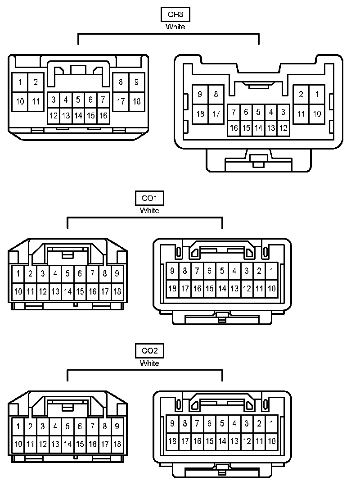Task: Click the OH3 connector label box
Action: click(175, 14)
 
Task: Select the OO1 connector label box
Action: click(149, 198)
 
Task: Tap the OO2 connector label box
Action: click(149, 350)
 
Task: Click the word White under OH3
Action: click(175, 27)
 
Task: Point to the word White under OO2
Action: click(149, 363)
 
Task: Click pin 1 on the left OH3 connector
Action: click(20, 82)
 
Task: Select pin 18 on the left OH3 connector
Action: click(136, 101)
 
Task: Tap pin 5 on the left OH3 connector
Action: click(78, 99)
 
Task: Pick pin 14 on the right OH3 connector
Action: click(258, 128)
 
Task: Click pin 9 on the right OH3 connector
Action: click(200, 95)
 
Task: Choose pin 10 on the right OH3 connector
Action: click(317, 113)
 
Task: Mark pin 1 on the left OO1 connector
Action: click(18, 273)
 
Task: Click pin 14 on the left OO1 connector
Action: click(67, 291)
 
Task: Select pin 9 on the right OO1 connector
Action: click(172, 271)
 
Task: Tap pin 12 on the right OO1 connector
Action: click(247, 289)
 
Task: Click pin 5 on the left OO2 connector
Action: click(67, 426)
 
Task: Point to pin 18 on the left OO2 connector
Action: click(117, 444)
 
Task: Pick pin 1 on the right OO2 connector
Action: click(271, 423)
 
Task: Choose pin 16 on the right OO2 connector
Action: click(197, 441)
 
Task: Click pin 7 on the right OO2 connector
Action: click(197, 423)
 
